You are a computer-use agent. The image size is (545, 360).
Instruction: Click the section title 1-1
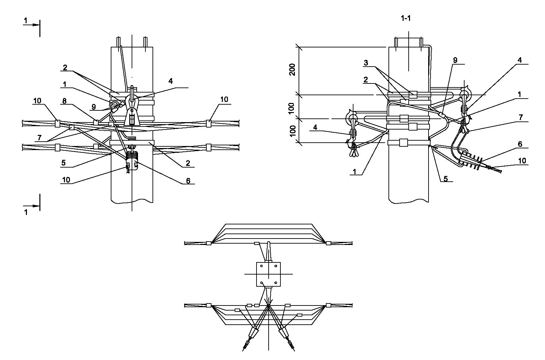406,18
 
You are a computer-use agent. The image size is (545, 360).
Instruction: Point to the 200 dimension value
293,70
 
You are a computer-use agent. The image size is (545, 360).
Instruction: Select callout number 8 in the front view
64,101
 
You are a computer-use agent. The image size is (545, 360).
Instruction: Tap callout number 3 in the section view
366,63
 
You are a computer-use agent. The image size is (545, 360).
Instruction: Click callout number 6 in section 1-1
520,144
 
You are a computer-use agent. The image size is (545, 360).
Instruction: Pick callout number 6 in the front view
188,181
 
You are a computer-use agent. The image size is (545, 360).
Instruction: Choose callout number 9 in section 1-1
455,60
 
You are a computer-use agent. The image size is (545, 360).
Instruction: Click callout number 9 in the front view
94,107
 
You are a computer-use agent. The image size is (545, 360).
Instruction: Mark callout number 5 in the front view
64,163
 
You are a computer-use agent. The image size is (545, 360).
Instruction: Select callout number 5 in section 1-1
445,179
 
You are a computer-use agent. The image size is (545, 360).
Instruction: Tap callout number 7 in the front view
39,138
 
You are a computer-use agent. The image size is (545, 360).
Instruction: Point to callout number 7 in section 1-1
521,118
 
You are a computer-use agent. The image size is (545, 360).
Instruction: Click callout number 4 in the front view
171,81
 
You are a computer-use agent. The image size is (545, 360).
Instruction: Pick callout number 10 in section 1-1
522,161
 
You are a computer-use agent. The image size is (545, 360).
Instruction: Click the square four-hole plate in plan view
268,274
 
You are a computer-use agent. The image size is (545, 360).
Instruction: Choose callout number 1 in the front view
65,84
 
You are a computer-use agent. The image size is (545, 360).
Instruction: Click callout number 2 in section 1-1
366,79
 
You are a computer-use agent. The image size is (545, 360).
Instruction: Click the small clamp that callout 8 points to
96,122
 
